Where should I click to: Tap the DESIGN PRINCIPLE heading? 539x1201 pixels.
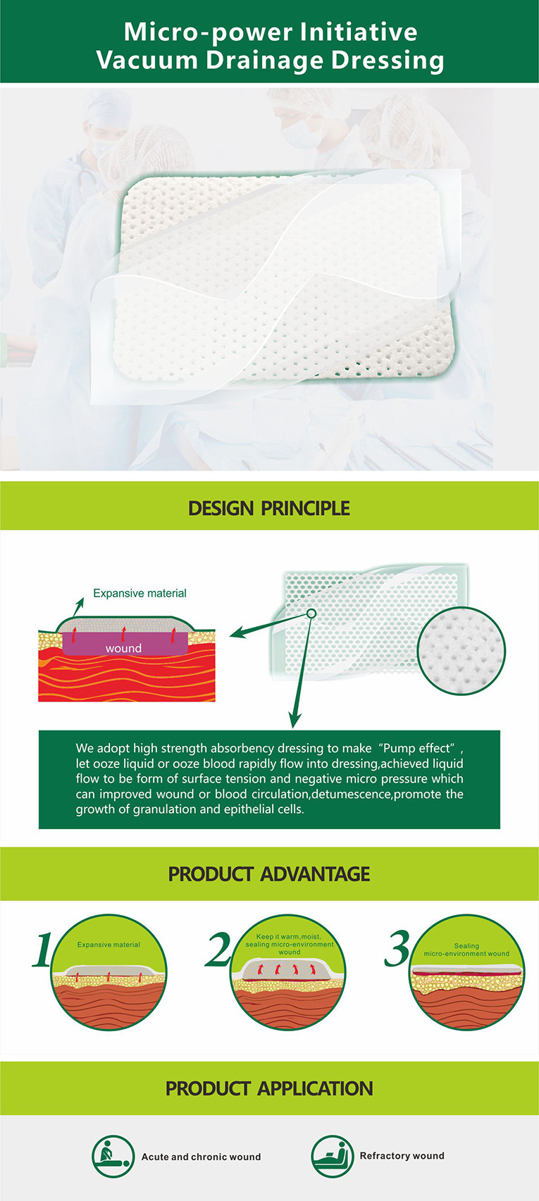click(x=268, y=509)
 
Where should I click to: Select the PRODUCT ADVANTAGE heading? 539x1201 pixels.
click(x=268, y=874)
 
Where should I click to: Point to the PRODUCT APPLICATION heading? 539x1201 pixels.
click(x=268, y=1088)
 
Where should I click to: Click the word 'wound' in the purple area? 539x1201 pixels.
click(x=123, y=648)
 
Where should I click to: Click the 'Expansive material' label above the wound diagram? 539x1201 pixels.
click(x=140, y=593)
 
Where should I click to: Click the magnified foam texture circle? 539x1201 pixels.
click(x=461, y=651)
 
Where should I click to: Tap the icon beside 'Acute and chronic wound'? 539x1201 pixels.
click(x=113, y=1157)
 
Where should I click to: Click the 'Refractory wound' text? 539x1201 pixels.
click(x=402, y=1155)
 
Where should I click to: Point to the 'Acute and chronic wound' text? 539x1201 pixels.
click(x=201, y=1157)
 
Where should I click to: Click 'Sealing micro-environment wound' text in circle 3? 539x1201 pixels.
click(x=466, y=950)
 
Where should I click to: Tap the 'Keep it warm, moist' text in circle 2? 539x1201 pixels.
click(x=289, y=937)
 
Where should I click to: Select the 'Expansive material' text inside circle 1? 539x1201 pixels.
click(x=109, y=945)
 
